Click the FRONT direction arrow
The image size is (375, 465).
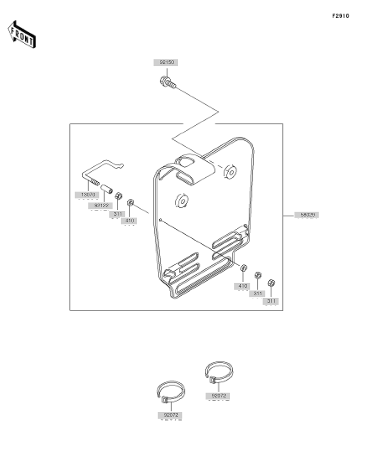[21, 34]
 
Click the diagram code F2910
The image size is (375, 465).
[340, 16]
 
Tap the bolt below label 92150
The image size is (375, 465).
[167, 82]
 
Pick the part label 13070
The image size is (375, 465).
[88, 195]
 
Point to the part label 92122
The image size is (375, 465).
[101, 205]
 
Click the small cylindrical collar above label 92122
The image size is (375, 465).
[106, 189]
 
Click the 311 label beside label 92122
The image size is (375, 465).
[118, 214]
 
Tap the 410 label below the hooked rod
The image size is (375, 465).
[129, 221]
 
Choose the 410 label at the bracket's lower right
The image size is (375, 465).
[243, 286]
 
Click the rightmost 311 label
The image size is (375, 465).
[271, 301]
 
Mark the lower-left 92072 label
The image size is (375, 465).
[171, 415]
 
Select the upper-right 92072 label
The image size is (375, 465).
[219, 396]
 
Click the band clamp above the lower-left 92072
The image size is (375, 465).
[170, 392]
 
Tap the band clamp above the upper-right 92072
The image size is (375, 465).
[219, 373]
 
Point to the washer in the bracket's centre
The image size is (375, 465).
[182, 201]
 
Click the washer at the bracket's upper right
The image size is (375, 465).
[230, 172]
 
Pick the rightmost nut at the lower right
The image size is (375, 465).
[271, 283]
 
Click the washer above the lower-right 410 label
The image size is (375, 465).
[243, 268]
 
